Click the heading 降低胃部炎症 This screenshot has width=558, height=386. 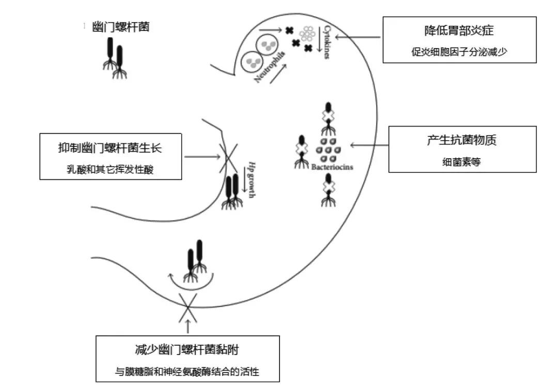[459, 30]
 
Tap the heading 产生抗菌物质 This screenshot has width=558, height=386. [461, 141]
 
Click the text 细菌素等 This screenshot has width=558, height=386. [462, 161]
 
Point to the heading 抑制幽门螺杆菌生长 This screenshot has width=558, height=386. [110, 148]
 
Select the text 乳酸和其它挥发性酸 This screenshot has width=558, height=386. [110, 169]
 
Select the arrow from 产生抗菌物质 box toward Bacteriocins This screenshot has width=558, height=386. [369, 145]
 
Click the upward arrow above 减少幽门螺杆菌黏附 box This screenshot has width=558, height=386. [187, 326]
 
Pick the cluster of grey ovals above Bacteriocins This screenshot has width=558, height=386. [331, 150]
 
